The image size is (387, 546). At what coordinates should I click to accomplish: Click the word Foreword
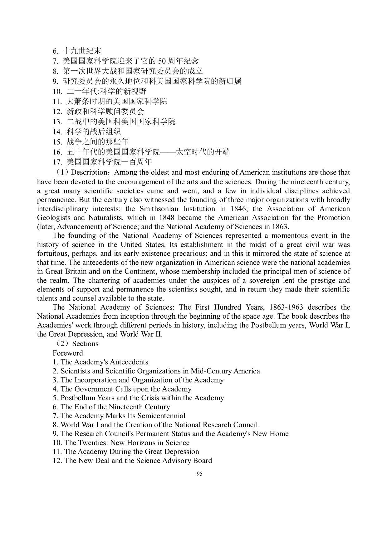pyautogui.click(x=68, y=353)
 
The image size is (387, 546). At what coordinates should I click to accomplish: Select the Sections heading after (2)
pyautogui.click(x=85, y=344)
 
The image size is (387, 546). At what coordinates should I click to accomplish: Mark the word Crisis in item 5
pyautogui.click(x=171, y=398)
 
